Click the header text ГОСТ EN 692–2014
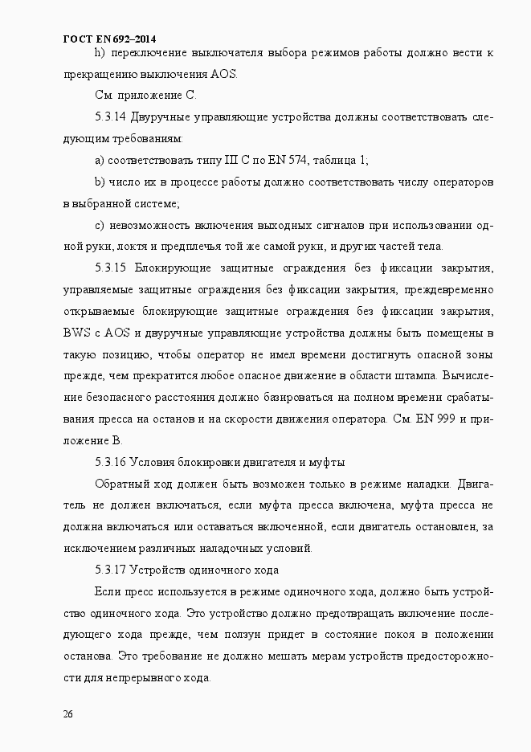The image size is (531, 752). tap(109, 38)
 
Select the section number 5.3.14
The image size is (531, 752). tap(110, 117)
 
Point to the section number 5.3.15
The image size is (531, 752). tap(111, 268)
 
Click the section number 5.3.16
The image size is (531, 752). tap(110, 462)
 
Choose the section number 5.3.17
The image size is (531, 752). tap(110, 570)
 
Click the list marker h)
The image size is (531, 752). tap(100, 54)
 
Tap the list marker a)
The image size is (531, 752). tap(100, 160)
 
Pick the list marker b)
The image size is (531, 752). tap(100, 182)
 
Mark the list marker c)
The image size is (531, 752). tap(100, 224)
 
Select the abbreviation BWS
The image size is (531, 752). tap(77, 333)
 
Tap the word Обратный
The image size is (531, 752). tap(119, 484)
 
